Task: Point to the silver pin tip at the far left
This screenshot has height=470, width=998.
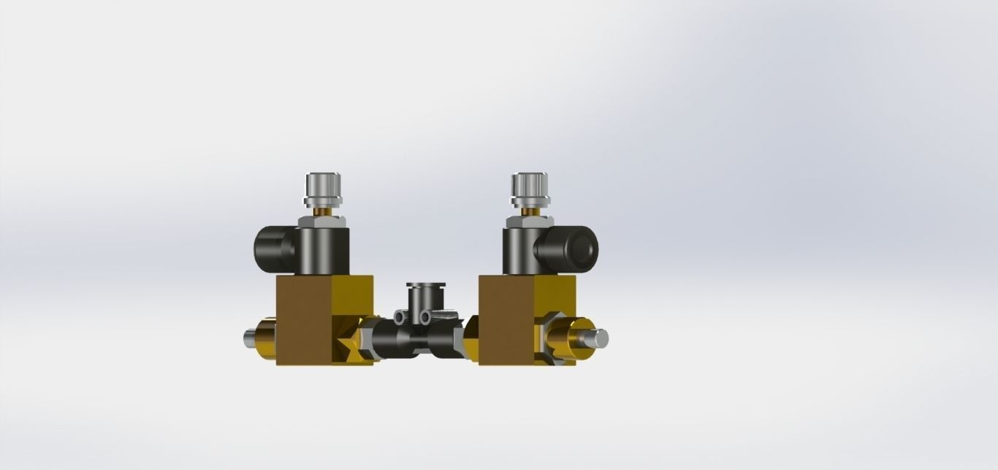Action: pyautogui.click(x=249, y=338)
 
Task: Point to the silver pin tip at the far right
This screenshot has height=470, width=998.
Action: pyautogui.click(x=599, y=338)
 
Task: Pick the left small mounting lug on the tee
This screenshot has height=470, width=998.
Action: pyautogui.click(x=400, y=316)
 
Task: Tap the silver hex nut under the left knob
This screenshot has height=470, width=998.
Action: pyautogui.click(x=322, y=219)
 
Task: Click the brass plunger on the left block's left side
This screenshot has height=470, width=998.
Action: pyautogui.click(x=266, y=339)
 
